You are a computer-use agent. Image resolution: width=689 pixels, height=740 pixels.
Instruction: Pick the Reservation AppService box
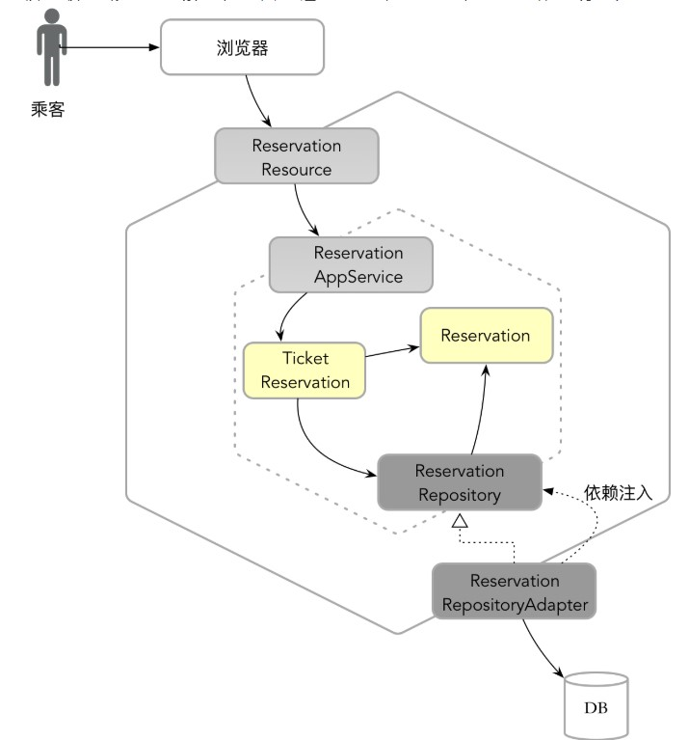point(351,265)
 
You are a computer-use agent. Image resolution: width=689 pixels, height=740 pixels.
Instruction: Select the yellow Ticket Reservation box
point(305,370)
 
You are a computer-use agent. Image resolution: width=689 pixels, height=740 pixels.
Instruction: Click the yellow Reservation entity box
point(485,336)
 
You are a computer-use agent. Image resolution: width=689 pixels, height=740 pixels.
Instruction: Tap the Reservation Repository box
point(459,483)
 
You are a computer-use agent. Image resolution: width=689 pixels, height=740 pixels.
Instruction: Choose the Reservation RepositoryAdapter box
point(514,593)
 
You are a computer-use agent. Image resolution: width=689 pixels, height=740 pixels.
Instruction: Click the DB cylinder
point(595,706)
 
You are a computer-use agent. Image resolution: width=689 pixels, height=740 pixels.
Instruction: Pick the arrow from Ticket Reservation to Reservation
point(392,353)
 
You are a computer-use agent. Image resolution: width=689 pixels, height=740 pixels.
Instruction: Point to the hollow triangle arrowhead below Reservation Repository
point(460,522)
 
